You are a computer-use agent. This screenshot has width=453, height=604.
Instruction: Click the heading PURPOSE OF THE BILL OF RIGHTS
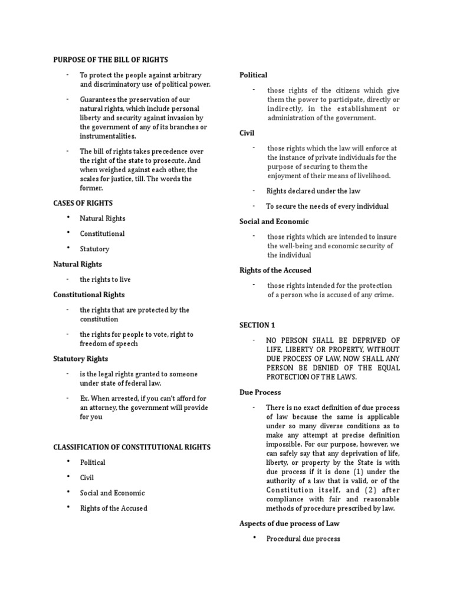[110, 60]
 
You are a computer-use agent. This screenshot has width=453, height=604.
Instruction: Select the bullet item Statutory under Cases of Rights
[94, 249]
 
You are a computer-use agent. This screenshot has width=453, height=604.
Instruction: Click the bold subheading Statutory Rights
[81, 359]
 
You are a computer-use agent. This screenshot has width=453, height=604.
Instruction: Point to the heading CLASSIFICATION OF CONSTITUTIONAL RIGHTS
[132, 447]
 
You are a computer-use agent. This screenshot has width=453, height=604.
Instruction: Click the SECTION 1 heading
[257, 325]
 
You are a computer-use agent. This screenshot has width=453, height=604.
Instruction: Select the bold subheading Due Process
[260, 392]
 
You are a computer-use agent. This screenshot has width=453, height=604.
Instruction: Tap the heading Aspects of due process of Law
[289, 523]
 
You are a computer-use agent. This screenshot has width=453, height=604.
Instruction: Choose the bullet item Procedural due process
[303, 539]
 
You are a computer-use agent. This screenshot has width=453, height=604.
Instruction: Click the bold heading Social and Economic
[274, 221]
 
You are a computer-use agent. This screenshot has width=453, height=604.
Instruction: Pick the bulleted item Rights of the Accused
[114, 508]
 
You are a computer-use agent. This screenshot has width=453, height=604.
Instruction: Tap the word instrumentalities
[108, 136]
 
